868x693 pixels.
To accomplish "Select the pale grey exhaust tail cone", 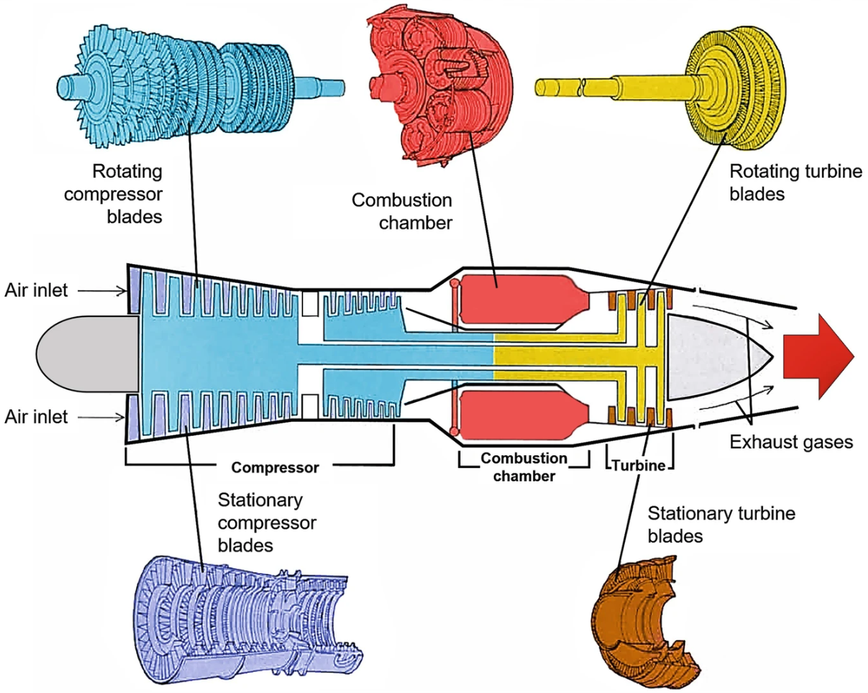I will click(x=712, y=355).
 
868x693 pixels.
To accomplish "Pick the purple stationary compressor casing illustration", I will click(x=234, y=616).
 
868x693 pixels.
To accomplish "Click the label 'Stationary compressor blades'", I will click(x=266, y=522).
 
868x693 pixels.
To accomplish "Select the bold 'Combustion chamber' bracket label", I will click(x=524, y=466).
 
